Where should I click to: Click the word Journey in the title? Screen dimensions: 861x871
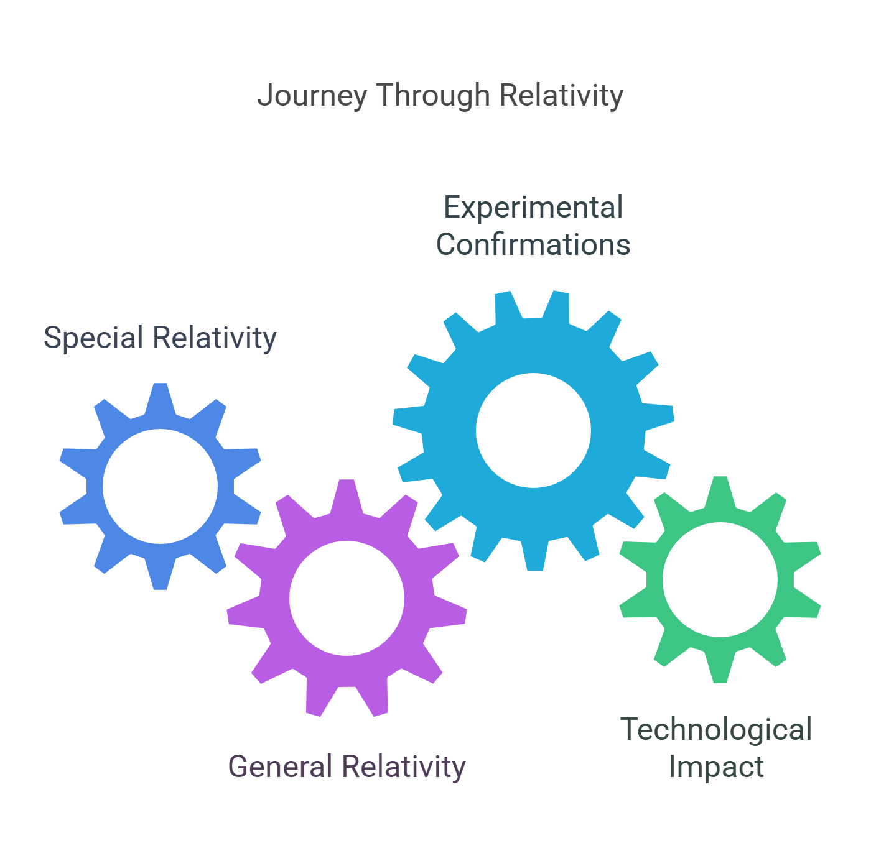click(x=312, y=96)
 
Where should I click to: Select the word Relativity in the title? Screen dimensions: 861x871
click(x=561, y=95)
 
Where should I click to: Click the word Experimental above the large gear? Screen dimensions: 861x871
click(x=533, y=208)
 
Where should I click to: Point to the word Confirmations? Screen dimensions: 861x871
click(x=533, y=244)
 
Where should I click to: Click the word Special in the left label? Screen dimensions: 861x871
click(x=93, y=338)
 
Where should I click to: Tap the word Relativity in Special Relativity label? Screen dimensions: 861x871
click(x=215, y=338)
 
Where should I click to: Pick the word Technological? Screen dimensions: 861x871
click(x=716, y=729)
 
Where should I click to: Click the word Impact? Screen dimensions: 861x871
click(x=716, y=767)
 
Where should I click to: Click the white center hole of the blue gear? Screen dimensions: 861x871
click(x=160, y=487)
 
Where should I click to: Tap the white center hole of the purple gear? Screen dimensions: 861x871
click(x=347, y=598)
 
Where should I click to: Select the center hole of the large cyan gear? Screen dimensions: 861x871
click(x=533, y=430)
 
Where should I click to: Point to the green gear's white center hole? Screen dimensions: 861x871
click(x=720, y=579)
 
